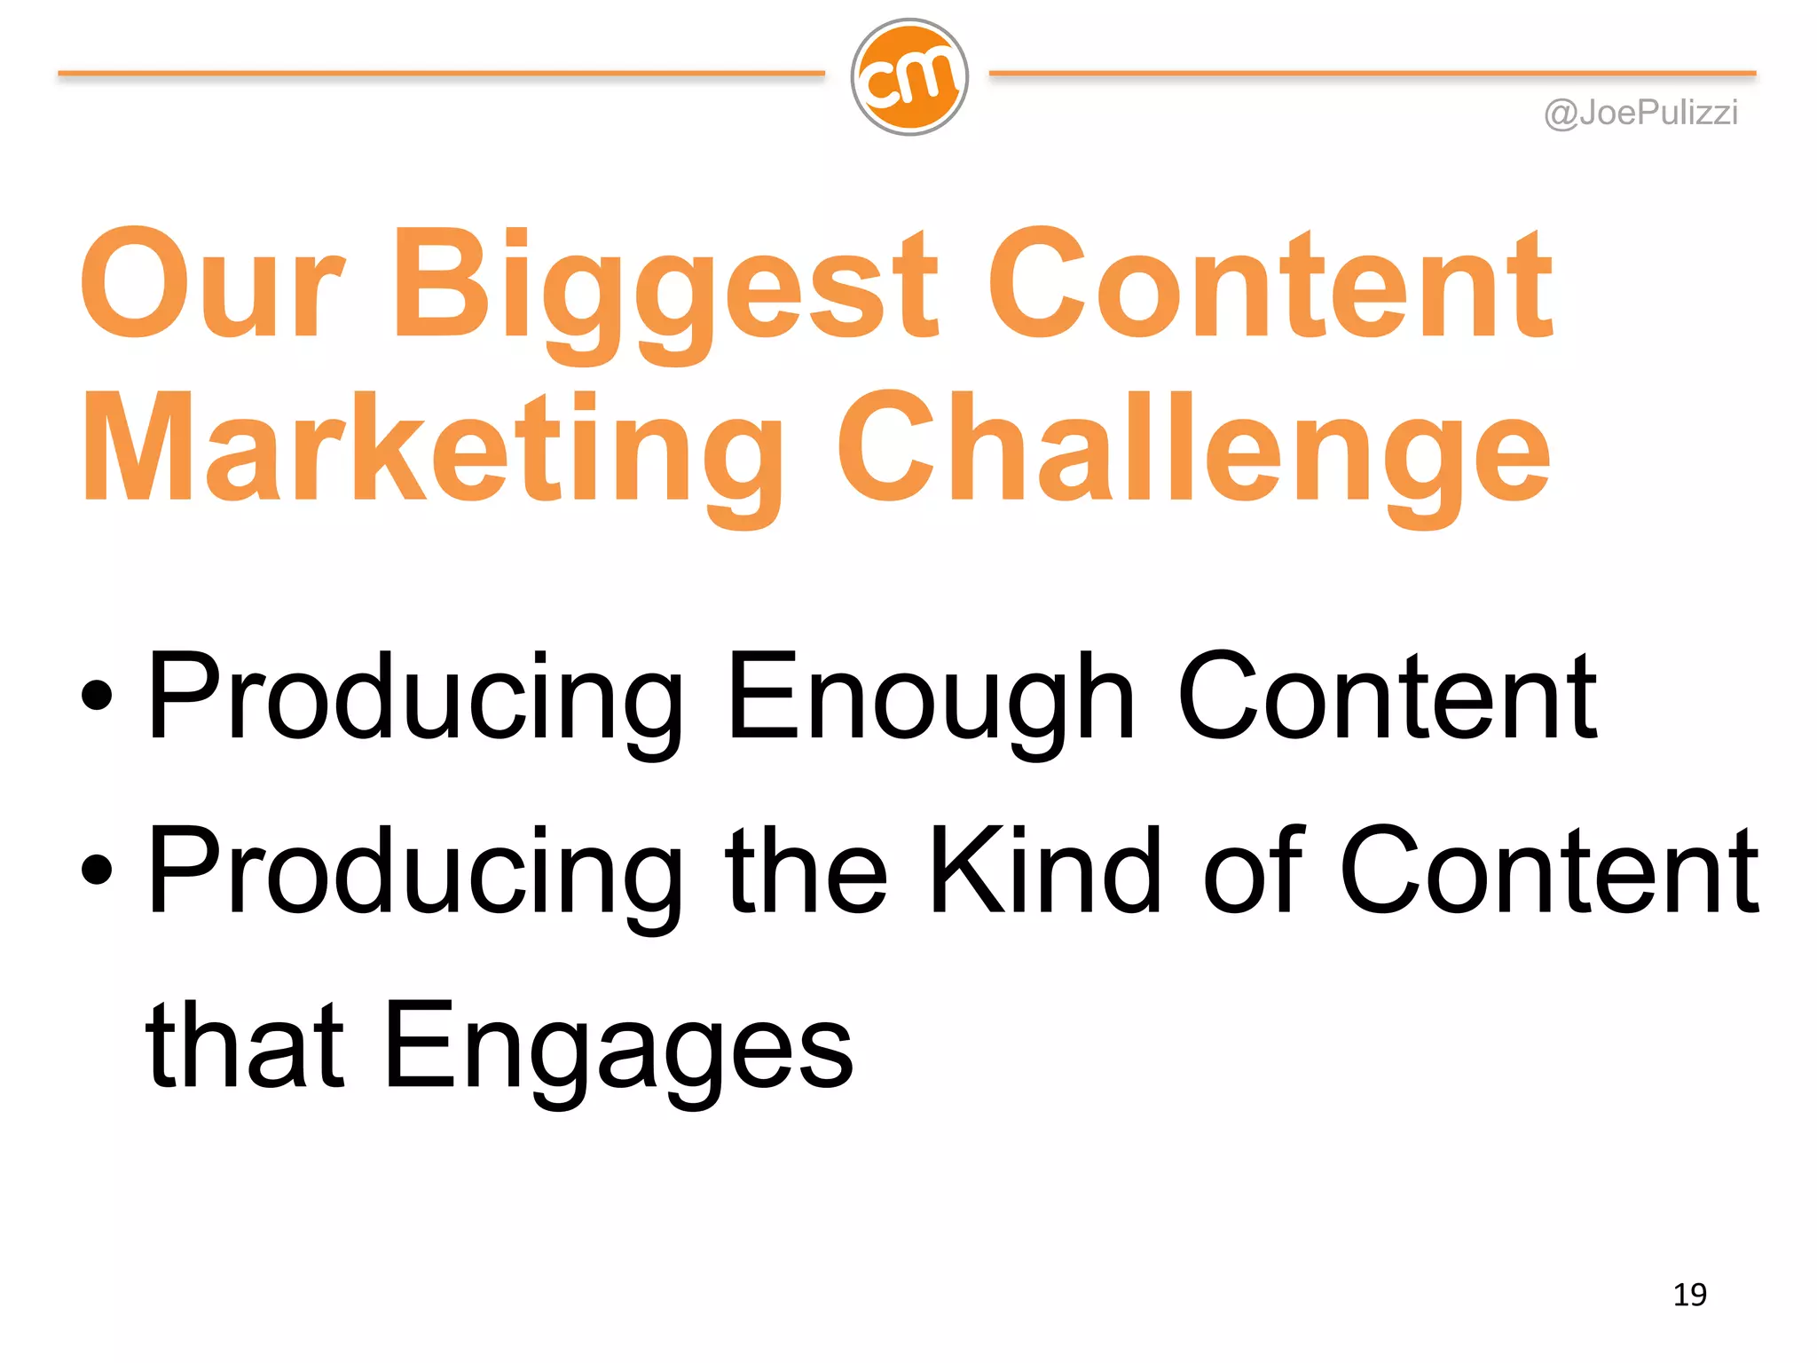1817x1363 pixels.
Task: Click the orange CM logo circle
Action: click(x=909, y=77)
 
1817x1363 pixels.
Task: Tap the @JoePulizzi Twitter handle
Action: click(x=1640, y=114)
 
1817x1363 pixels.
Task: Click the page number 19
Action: click(x=1689, y=1295)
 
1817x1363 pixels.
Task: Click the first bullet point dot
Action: click(x=97, y=695)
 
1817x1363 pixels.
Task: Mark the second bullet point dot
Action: click(x=97, y=870)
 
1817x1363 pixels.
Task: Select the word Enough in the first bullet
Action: click(x=931, y=697)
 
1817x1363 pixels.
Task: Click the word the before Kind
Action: click(x=806, y=870)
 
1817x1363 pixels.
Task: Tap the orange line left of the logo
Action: click(x=441, y=74)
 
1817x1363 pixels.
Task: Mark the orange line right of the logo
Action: click(x=1372, y=74)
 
